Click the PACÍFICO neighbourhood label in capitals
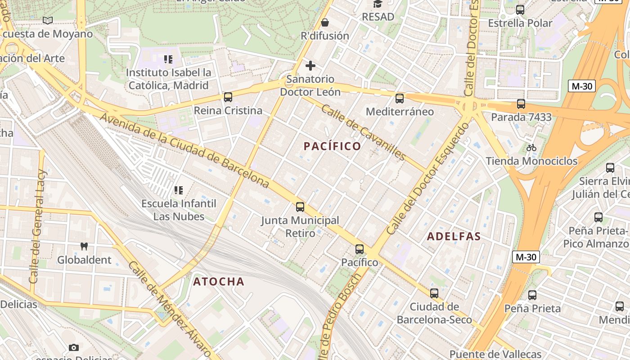pos(332,146)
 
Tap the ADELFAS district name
pos(454,236)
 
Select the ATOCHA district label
pos(219,282)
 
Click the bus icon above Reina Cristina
pos(228,97)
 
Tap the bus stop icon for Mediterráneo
pos(400,99)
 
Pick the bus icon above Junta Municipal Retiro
pos(300,207)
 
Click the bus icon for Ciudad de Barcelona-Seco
pos(434,293)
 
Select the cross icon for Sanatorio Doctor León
pos(310,66)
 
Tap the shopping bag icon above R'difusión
pos(325,22)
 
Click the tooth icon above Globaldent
pos(84,246)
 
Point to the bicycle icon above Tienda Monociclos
pos(531,148)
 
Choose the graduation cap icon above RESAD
pos(378,4)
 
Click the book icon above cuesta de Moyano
pos(48,20)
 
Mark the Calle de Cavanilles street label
pos(364,133)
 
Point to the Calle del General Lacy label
pos(38,226)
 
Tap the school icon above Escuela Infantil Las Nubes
pos(179,190)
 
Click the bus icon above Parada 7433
pos(521,104)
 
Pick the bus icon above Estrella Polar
pos(520,10)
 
